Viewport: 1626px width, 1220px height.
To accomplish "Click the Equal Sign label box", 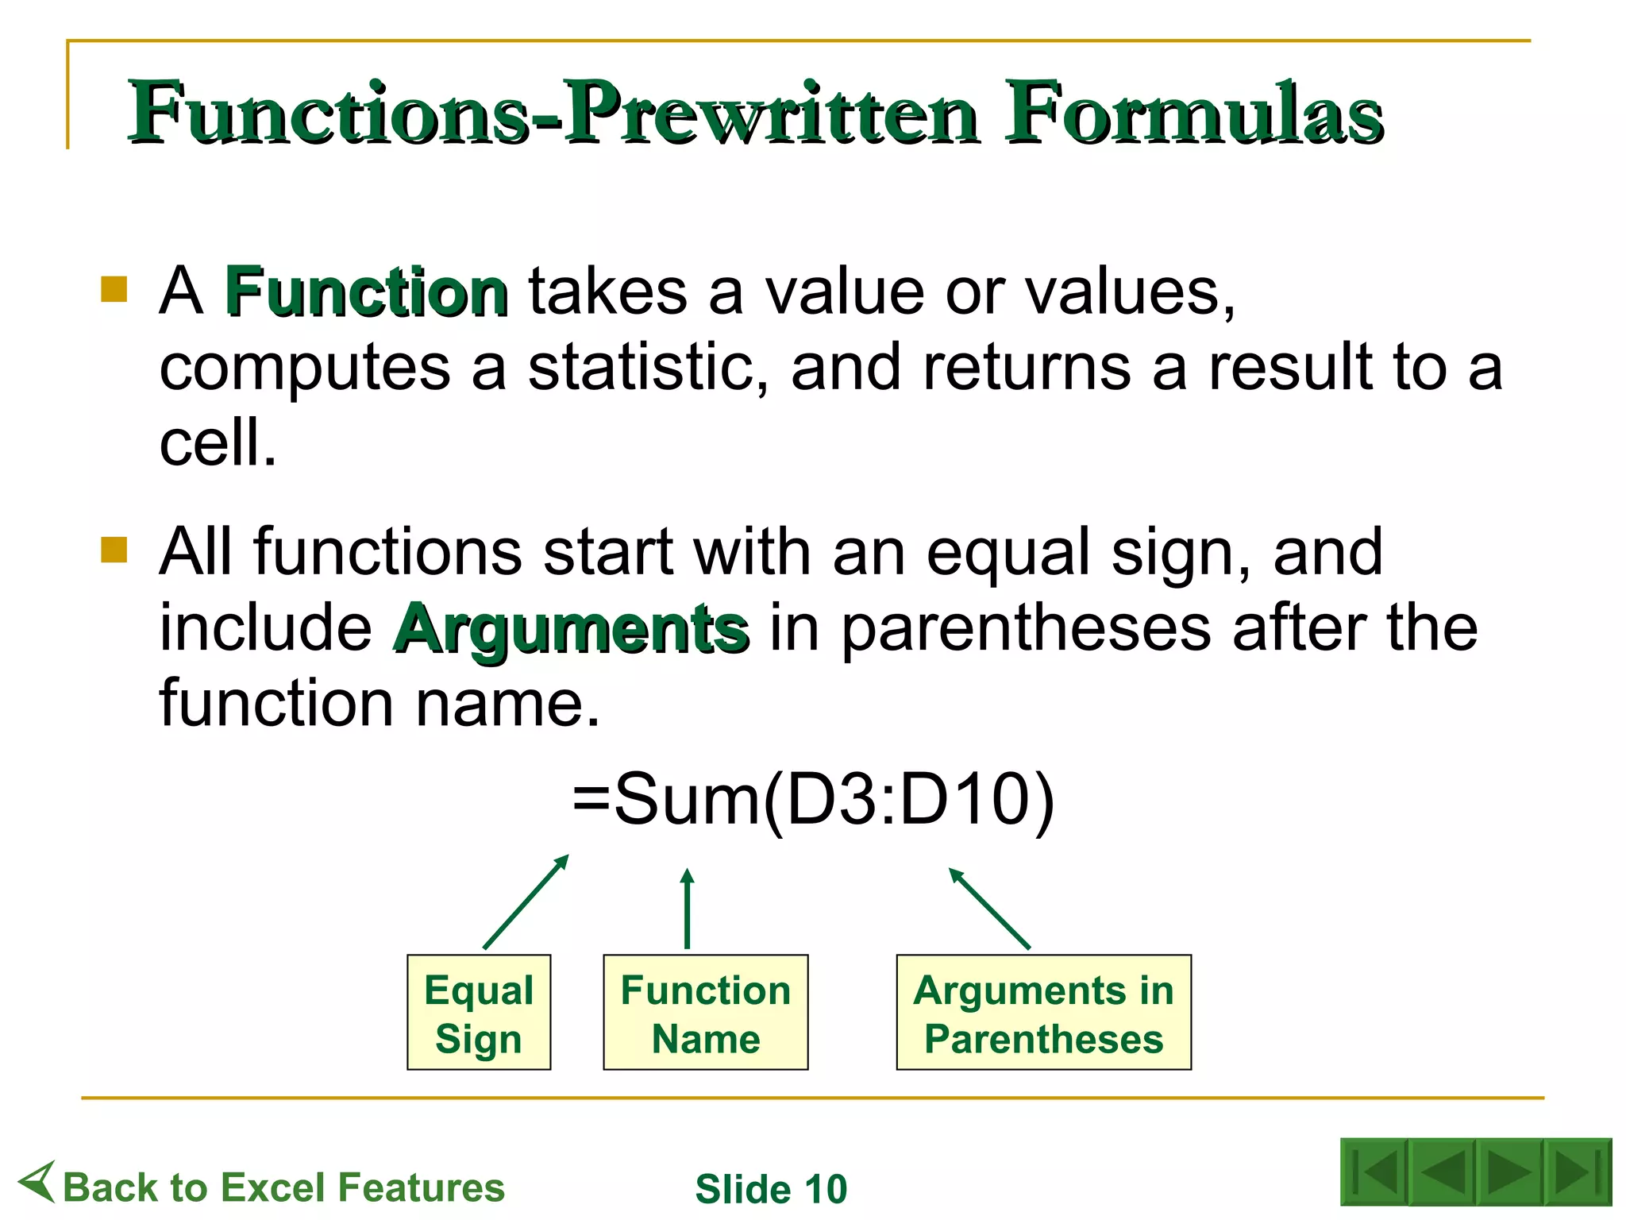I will tap(478, 1013).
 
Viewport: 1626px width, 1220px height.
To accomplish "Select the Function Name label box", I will tap(705, 1013).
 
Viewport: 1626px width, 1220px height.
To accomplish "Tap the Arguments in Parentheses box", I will tap(1043, 1013).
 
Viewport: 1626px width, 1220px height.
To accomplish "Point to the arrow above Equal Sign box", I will tap(526, 902).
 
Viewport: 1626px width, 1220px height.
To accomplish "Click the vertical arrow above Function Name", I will tap(688, 909).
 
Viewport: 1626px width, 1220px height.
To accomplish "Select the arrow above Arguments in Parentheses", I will tap(989, 909).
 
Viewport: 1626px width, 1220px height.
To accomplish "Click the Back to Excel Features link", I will tap(283, 1187).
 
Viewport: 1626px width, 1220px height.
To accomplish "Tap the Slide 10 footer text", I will tap(771, 1189).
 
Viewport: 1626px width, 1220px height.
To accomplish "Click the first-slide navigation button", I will tap(1374, 1172).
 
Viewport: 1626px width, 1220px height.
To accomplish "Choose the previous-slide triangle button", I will tap(1442, 1172).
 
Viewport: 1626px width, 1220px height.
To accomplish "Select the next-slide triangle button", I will tap(1508, 1172).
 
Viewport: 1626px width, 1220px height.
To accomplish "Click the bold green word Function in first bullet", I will tap(366, 292).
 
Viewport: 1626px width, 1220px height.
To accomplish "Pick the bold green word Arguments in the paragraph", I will tap(571, 629).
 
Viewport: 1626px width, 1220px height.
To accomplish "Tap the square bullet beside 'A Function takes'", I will tap(114, 289).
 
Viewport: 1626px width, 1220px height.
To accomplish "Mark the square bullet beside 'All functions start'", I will tap(114, 550).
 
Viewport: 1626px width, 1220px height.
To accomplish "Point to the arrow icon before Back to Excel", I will tap(37, 1182).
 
